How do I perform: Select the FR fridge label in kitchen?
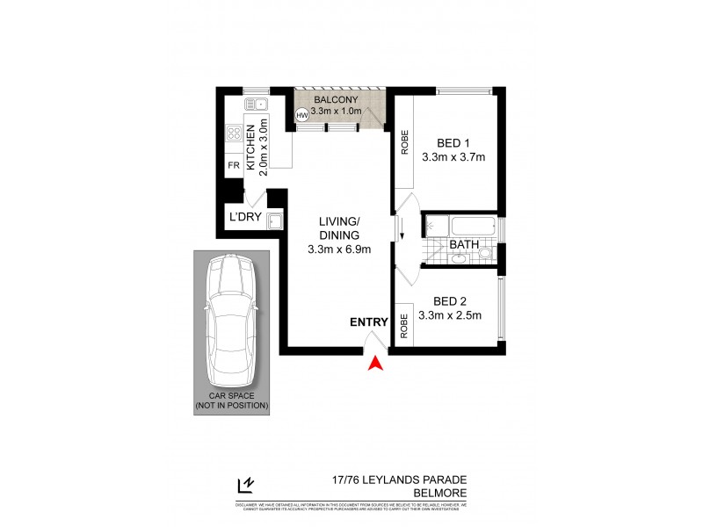click(x=234, y=165)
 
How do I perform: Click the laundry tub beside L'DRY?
click(x=274, y=220)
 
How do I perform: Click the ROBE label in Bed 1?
click(x=405, y=142)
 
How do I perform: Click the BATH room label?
click(x=463, y=244)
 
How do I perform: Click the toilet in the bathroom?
click(x=484, y=254)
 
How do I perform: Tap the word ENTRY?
click(x=368, y=322)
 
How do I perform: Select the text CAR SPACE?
click(x=232, y=395)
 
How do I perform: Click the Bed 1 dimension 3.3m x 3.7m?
click(x=453, y=157)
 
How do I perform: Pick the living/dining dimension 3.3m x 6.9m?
click(x=339, y=249)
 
